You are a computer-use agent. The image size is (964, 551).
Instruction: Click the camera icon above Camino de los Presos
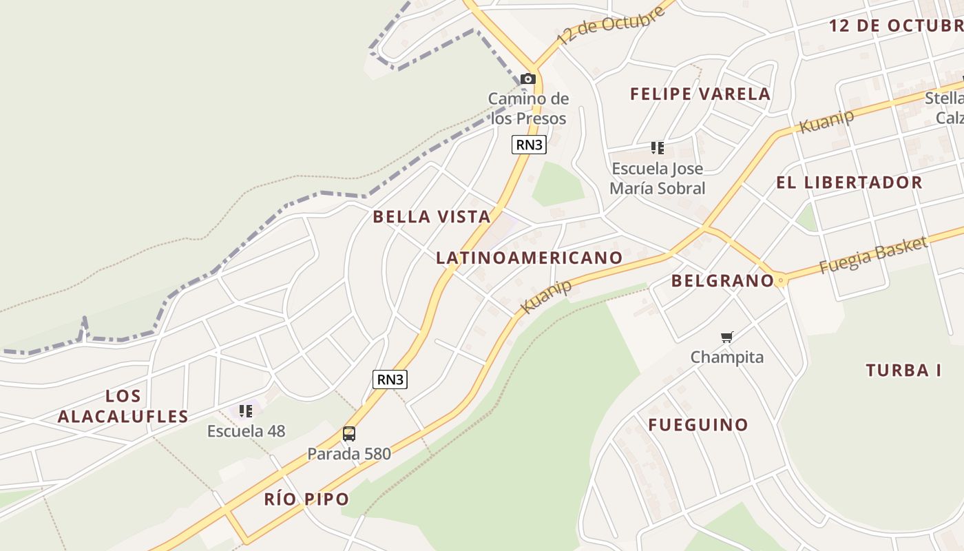528,79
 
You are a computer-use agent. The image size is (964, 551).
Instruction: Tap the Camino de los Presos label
528,108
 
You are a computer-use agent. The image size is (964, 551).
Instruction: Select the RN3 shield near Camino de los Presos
529,145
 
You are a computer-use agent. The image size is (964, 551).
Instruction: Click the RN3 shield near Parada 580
390,379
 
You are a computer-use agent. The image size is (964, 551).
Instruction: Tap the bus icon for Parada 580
349,434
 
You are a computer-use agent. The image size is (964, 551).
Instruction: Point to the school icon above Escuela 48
246,411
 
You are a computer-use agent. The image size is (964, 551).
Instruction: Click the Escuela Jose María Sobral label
658,178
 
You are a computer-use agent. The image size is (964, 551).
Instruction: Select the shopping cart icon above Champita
727,337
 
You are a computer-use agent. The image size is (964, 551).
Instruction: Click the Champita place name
727,357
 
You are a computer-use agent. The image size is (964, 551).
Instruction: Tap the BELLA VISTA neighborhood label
432,217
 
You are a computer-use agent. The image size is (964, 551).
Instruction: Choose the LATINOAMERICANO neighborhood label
529,258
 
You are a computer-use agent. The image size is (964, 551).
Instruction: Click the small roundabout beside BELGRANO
780,281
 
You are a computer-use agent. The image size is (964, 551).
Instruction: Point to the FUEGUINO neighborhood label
698,424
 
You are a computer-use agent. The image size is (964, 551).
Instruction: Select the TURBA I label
903,371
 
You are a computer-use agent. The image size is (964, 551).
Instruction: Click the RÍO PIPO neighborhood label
306,499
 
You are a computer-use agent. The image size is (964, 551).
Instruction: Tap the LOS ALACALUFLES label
123,406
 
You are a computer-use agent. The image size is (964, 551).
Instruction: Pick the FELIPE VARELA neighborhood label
700,94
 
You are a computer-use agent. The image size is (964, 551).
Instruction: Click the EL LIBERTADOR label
849,183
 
